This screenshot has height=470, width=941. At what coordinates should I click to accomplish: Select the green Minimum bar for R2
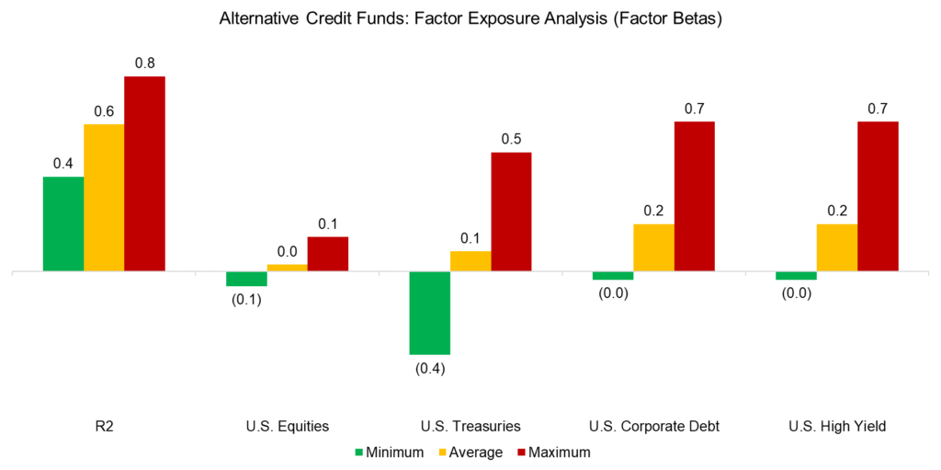coord(63,224)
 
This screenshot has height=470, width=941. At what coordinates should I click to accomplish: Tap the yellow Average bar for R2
coord(104,198)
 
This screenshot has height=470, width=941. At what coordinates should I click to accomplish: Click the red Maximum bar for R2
coord(144,174)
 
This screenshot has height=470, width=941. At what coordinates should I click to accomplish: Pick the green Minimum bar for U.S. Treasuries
coord(429,313)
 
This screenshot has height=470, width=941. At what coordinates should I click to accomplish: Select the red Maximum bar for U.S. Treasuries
coord(511,212)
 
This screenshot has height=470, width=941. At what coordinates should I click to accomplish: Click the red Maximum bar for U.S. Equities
coord(328,254)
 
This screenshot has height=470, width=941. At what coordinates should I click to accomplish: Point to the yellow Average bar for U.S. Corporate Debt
coord(653,247)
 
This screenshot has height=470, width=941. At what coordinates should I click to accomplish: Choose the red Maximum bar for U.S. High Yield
coord(878,196)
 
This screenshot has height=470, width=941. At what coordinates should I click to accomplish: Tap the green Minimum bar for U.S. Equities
coord(246,279)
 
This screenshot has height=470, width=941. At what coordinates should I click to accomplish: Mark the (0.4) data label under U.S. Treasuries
coord(429,369)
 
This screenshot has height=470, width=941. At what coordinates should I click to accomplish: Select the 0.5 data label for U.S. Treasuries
coord(511,139)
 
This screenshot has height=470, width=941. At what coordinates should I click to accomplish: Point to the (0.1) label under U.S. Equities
coord(246,301)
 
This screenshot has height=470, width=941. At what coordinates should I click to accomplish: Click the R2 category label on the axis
coord(104,426)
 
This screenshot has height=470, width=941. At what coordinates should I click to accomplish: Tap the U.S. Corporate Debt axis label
coord(653,426)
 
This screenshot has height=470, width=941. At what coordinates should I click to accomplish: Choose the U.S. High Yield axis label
coord(836,426)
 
